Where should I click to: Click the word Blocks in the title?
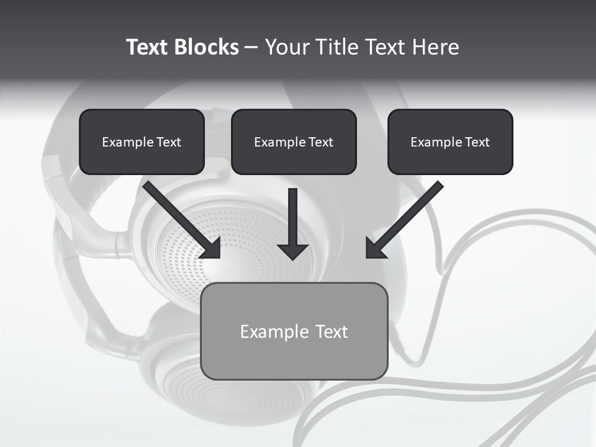(206, 47)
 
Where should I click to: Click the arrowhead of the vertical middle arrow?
(293, 251)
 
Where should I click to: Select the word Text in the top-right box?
(477, 142)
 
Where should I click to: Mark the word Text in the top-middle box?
(320, 142)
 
